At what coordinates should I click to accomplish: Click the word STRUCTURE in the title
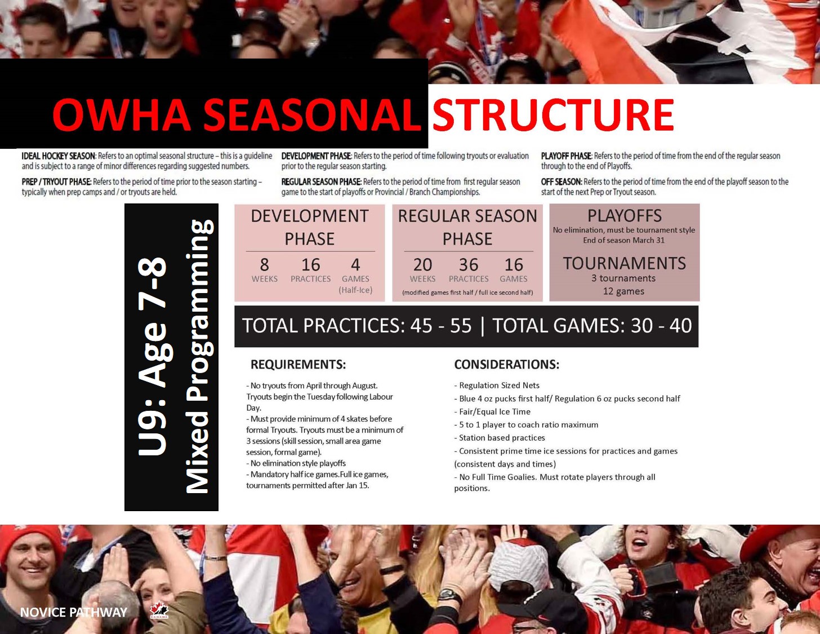coord(552,115)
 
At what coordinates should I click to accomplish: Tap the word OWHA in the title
coord(121,115)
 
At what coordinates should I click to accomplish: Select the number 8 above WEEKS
coord(264,265)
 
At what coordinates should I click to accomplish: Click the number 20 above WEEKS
coord(422,265)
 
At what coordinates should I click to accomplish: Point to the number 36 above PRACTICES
coord(468,265)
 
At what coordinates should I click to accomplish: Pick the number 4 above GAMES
coord(355,265)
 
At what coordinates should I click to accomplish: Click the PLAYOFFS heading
coord(624,216)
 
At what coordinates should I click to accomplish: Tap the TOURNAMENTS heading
coord(624,263)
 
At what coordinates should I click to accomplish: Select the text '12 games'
coord(623,291)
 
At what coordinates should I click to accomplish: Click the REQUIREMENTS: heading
coord(298,365)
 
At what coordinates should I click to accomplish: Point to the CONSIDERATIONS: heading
coord(506,365)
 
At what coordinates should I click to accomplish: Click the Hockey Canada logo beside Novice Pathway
coord(159,610)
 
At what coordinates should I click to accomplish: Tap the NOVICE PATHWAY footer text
coord(73,612)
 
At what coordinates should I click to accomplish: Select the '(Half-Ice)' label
coord(355,290)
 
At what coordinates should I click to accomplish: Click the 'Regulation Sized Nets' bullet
coord(498,385)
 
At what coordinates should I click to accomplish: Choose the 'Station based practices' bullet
coord(501,438)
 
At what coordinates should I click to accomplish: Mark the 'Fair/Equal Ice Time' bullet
coord(494,412)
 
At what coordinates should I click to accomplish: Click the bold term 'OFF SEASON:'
coord(561,182)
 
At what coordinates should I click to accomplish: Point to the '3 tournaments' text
coord(623,278)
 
